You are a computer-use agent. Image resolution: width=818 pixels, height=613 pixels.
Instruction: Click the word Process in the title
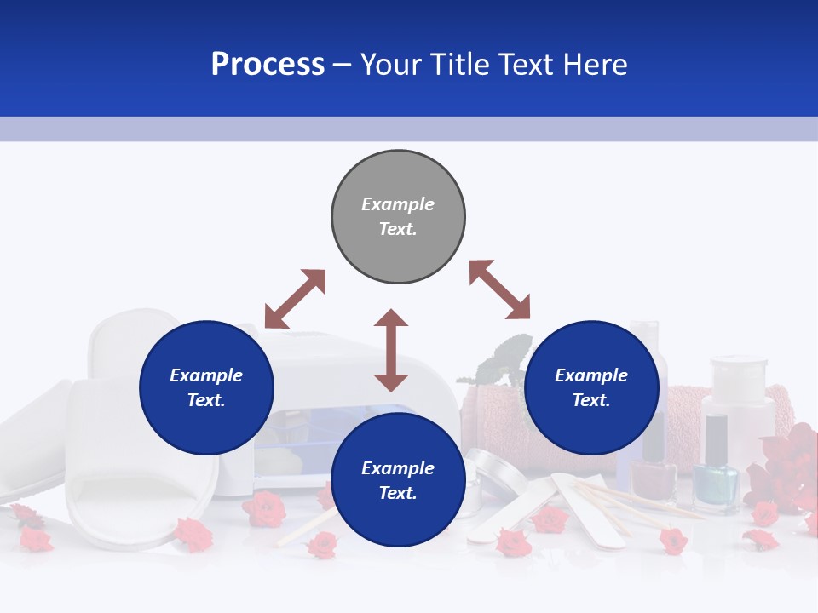coord(268,65)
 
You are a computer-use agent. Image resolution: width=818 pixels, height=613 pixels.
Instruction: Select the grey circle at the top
coord(398,217)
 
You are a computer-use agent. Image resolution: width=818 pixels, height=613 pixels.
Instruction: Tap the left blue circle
coord(206,388)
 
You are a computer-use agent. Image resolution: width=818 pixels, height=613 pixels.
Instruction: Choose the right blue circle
coord(591,388)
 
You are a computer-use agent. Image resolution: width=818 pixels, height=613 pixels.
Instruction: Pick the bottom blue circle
coord(398,480)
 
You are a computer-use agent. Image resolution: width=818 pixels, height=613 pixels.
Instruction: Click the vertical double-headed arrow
coord(391,350)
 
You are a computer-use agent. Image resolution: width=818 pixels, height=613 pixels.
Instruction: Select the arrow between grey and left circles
coord(295,299)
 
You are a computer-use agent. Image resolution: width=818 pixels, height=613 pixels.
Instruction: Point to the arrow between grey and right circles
coord(499,289)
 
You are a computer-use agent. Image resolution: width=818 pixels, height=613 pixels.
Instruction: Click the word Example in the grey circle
coord(398,204)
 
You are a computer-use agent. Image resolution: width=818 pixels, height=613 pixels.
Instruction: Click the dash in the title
coord(343,65)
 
